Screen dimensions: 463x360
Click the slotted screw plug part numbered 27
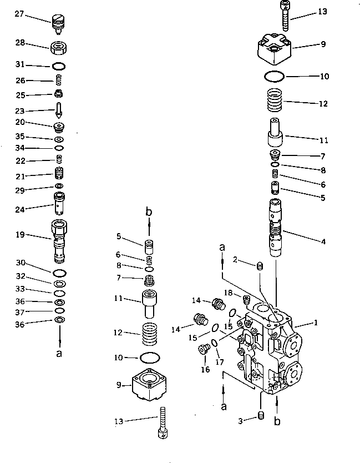point(58,23)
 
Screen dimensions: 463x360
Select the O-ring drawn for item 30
point(59,273)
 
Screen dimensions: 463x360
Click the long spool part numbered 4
point(276,228)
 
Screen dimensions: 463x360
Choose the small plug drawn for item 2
point(259,268)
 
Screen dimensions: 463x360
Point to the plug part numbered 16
point(203,350)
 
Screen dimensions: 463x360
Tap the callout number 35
point(20,137)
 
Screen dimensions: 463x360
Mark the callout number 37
point(20,311)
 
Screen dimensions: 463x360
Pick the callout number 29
point(20,190)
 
